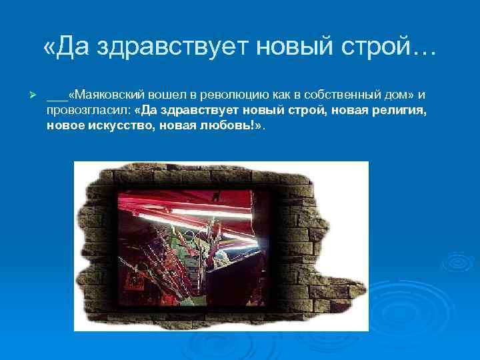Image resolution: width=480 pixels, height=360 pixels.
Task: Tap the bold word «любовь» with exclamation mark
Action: [x=229, y=126]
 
